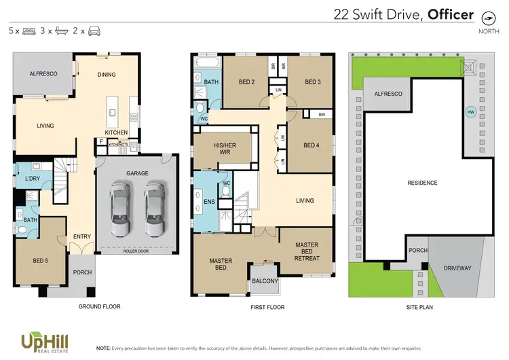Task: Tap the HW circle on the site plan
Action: tap(470, 112)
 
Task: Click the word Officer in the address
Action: tap(450, 14)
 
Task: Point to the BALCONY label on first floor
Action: tap(265, 281)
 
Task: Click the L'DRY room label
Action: tap(32, 178)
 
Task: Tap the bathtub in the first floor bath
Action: tap(206, 63)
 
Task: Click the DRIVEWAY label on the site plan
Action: tap(457, 268)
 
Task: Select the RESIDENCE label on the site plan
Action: tap(422, 183)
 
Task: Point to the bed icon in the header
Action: tap(29, 31)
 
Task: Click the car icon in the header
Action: tap(94, 31)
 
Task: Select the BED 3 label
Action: tap(312, 82)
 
